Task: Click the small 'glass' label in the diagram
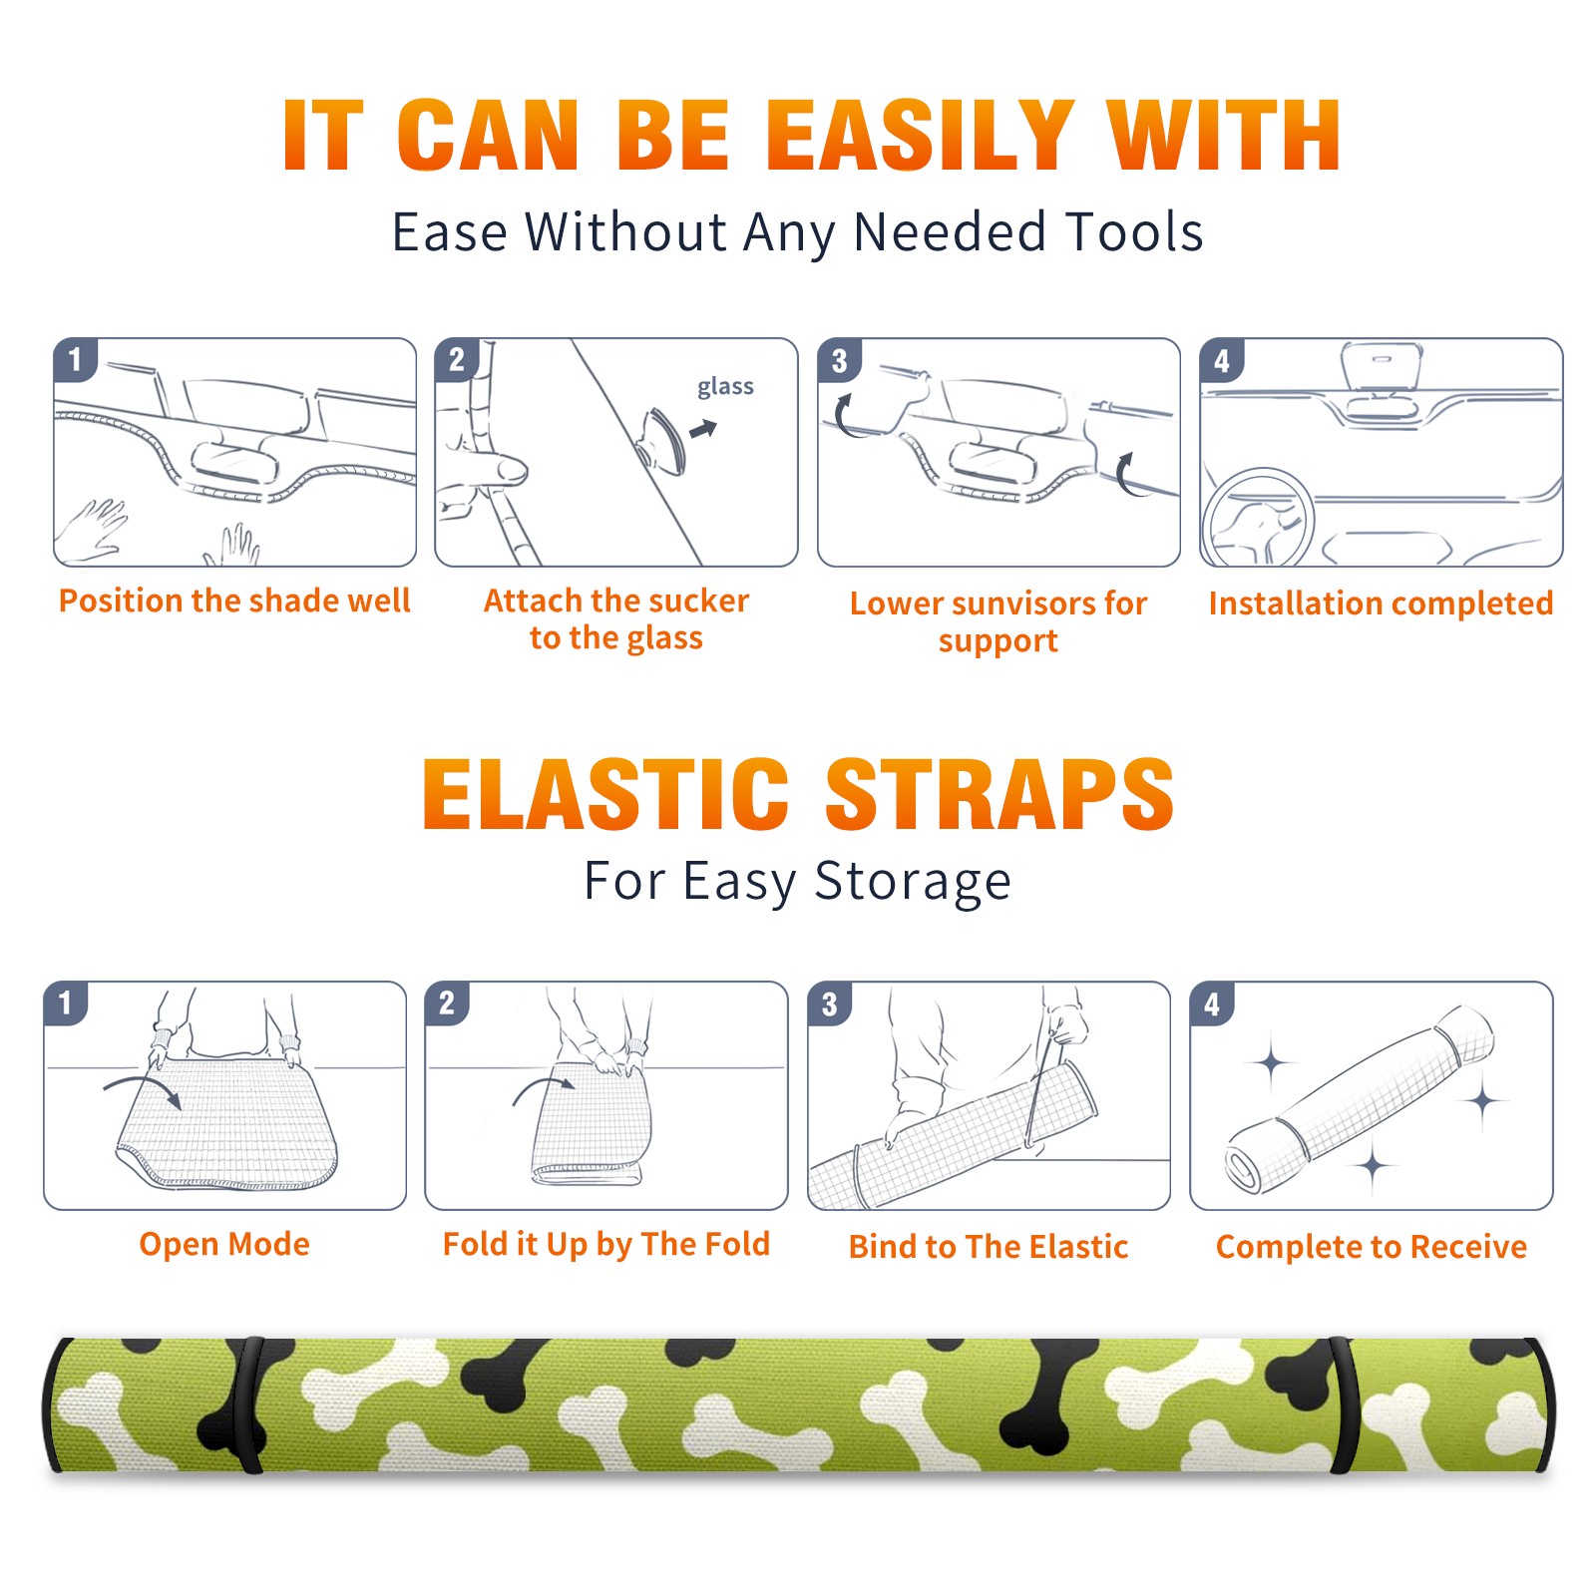point(725,387)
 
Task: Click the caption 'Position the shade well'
point(234,600)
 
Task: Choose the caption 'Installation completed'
point(1381,602)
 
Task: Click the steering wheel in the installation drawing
point(1258,518)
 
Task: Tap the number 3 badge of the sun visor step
point(839,360)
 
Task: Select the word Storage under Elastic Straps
point(913,882)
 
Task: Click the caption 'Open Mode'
point(224,1244)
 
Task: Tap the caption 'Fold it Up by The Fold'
point(606,1244)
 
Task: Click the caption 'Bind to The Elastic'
point(989,1246)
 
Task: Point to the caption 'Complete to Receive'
point(1372,1246)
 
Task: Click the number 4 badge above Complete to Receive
point(1212,1003)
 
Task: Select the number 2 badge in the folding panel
point(447,1002)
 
